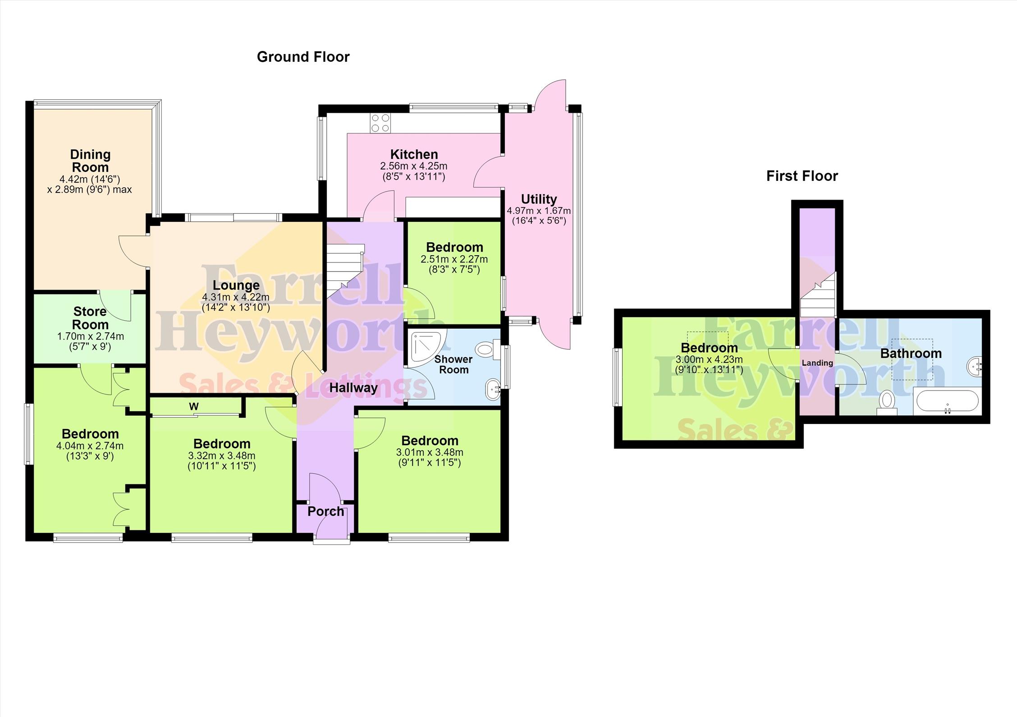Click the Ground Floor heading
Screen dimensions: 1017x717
point(303,57)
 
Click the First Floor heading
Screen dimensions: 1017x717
point(802,176)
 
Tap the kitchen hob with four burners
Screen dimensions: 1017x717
point(380,123)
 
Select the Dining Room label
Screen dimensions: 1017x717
point(90,161)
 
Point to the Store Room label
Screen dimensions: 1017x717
point(90,318)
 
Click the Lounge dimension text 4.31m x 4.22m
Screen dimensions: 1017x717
point(236,298)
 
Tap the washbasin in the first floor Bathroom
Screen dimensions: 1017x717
point(975,366)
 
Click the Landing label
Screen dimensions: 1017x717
point(817,363)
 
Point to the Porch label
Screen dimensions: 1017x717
point(325,511)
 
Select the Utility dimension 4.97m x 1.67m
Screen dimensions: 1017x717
point(539,211)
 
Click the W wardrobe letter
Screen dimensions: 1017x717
point(194,406)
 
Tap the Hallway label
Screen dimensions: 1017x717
point(353,388)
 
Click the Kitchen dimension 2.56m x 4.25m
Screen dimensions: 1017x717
point(414,166)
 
